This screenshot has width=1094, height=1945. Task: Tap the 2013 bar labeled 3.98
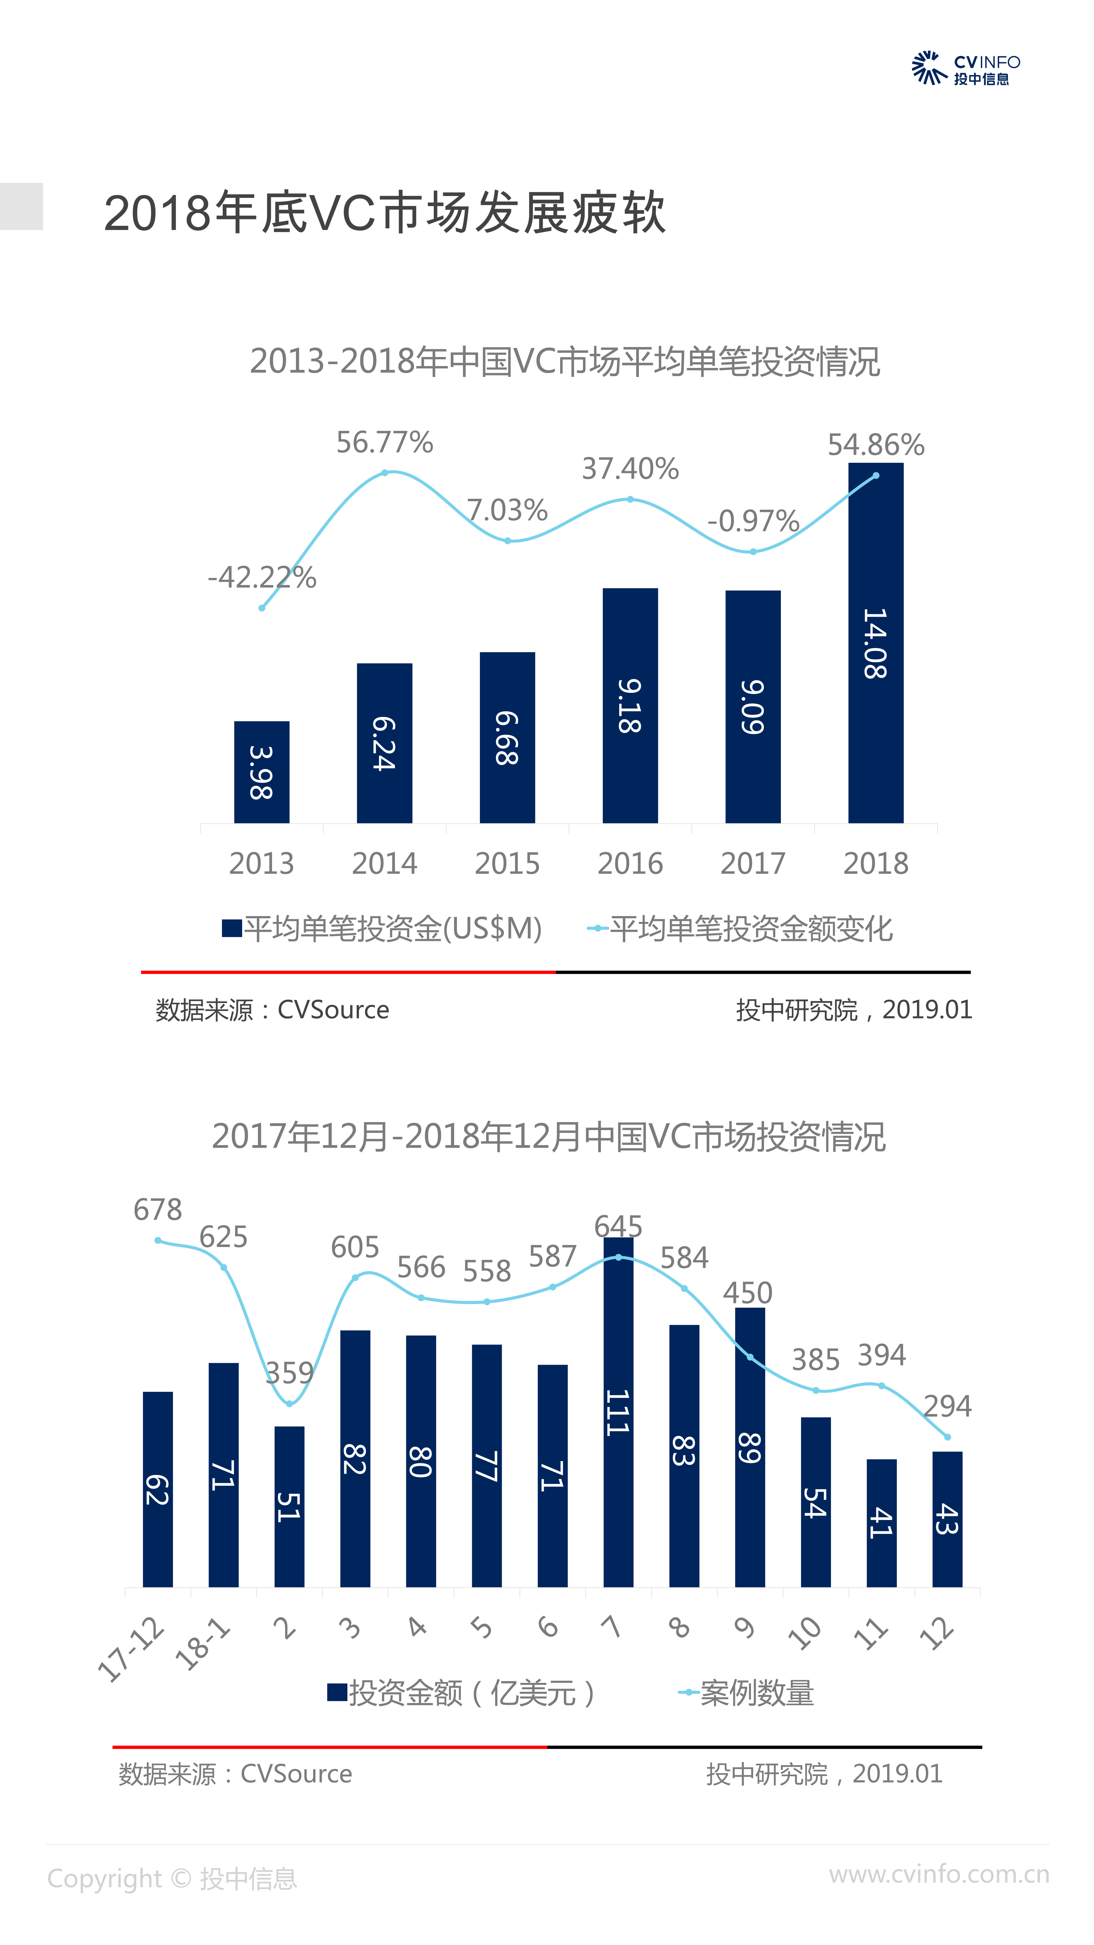pos(261,772)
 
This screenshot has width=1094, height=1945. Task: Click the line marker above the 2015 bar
pos(507,541)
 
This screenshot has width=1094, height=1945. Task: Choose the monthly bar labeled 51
pos(289,1506)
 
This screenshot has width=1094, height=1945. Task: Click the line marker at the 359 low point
pos(289,1404)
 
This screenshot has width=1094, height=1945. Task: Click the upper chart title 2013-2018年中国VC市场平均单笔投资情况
pos(565,361)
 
